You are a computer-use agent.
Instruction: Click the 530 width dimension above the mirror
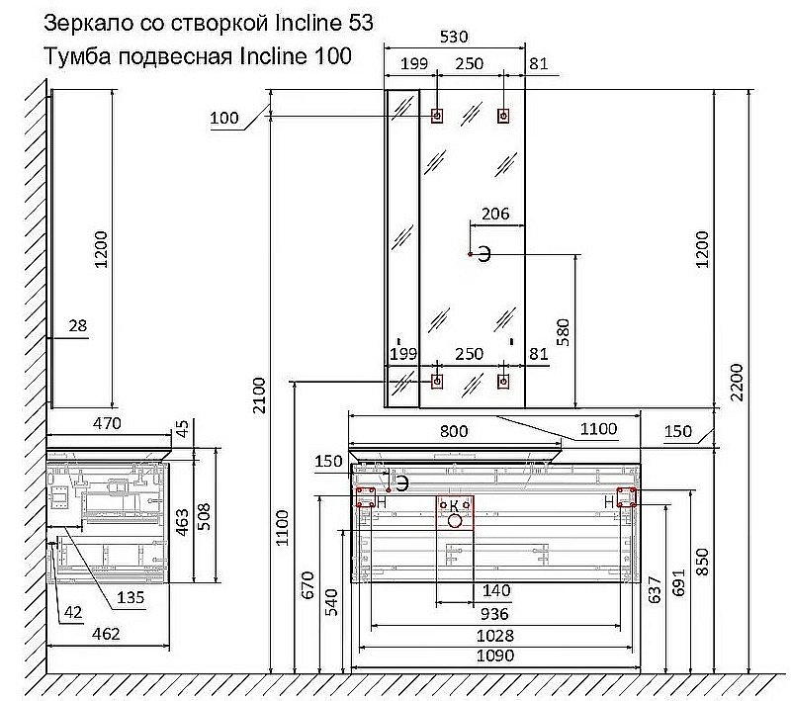pos(454,37)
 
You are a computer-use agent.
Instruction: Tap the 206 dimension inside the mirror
pos(495,214)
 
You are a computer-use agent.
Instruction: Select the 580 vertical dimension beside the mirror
pos(564,332)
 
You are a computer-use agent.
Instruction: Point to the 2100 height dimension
pos(259,395)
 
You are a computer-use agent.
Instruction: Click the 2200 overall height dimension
pos(737,383)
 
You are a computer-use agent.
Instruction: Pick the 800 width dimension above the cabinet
pos(454,431)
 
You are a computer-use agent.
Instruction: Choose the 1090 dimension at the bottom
pos(495,656)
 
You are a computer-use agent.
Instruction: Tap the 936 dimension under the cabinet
pos(494,614)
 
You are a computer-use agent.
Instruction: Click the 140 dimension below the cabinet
pos(496,590)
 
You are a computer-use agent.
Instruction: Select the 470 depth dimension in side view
pos(108,423)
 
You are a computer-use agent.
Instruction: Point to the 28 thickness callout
pos(78,326)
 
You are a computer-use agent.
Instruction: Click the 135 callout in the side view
pos(131,597)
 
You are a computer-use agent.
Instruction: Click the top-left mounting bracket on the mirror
pos(437,116)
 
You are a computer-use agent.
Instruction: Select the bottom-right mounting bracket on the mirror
pos(503,382)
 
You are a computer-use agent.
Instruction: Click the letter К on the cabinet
pos(454,505)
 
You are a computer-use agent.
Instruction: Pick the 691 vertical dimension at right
pos(678,582)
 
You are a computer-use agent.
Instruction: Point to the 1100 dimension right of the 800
pos(599,429)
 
